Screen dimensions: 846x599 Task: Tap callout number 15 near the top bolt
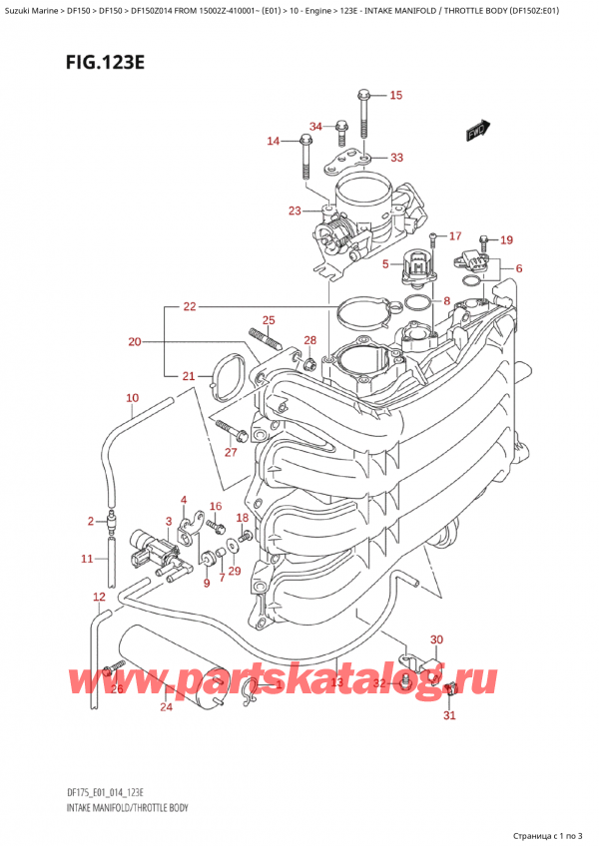coord(395,96)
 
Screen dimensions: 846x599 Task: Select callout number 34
coord(316,126)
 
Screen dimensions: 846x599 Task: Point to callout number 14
coord(273,141)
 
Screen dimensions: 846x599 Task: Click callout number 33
coord(396,158)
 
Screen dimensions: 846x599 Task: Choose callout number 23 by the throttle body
coord(294,211)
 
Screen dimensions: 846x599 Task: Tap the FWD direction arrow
coord(476,130)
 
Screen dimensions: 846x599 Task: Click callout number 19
coord(506,239)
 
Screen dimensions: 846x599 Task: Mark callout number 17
coord(455,236)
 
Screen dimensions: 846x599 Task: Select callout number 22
coord(190,306)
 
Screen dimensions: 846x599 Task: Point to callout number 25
coord(268,320)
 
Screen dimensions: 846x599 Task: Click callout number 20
coord(136,342)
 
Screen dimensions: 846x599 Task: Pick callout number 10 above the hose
coord(133,399)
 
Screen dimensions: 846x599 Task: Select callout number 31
coord(449,714)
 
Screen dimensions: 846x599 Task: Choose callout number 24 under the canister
coord(166,708)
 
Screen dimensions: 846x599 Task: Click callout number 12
coord(98,597)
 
